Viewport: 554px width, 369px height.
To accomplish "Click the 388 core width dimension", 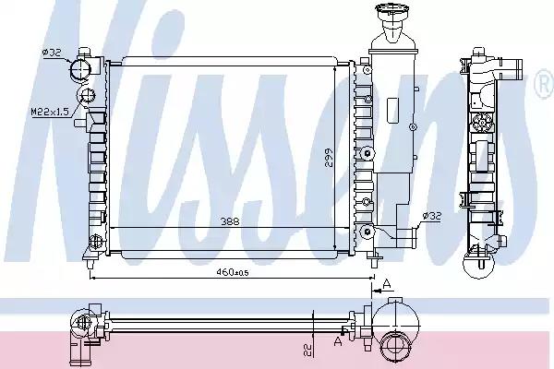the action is pos(230,221).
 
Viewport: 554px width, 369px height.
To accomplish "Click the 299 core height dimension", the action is pos(329,157).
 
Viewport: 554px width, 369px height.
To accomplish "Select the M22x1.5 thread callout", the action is pos(50,112).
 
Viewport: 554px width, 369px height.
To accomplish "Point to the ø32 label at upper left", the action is pos(52,53).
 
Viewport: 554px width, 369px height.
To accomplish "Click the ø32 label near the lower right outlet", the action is pos(432,215).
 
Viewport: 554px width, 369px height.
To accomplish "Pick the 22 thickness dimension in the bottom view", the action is pos(308,350).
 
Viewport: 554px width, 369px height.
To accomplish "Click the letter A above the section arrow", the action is pos(387,283).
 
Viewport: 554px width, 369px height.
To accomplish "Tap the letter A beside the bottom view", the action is pos(338,341).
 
